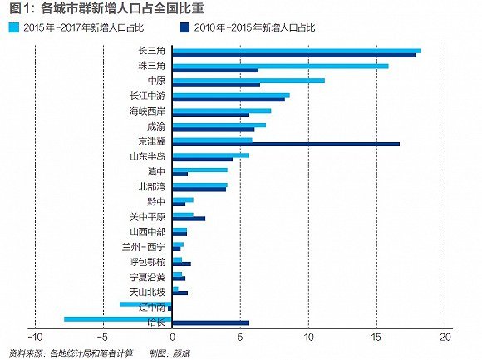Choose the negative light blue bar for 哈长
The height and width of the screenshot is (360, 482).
[117, 318]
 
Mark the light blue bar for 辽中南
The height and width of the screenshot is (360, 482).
[145, 304]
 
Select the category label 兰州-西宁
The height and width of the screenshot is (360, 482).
[147, 247]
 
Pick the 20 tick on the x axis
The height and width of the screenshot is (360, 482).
[445, 338]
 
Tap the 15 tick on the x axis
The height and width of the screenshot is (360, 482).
[376, 338]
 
